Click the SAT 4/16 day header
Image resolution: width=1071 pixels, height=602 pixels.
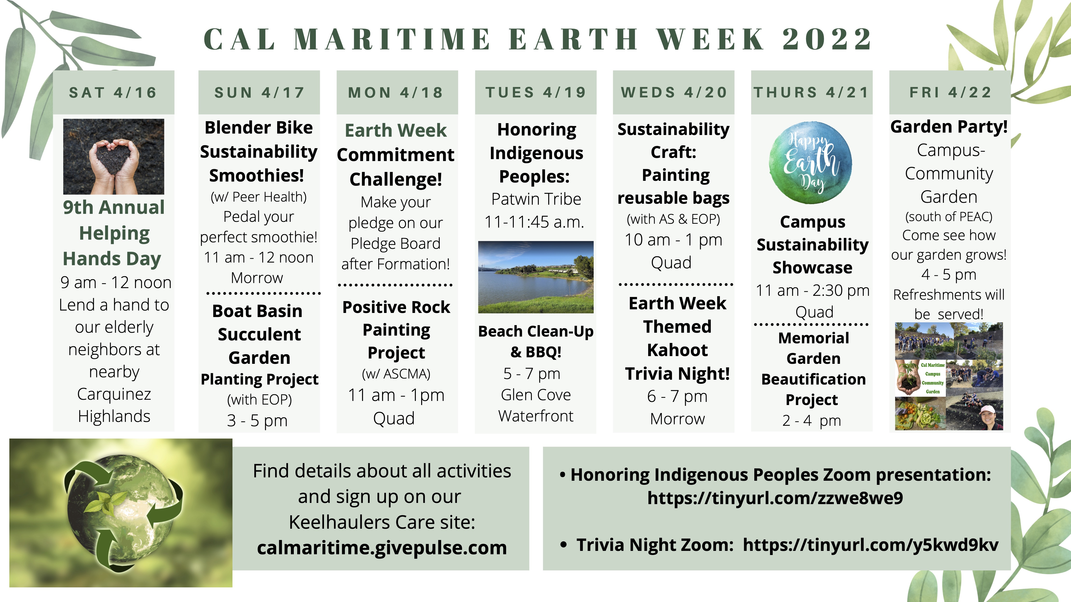tap(114, 92)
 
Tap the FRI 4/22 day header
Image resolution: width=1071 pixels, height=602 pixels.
tap(950, 92)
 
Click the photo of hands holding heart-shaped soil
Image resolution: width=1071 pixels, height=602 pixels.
tap(114, 157)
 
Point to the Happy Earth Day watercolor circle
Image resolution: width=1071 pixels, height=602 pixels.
tap(811, 162)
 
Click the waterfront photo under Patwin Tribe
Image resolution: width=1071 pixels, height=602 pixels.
tap(536, 277)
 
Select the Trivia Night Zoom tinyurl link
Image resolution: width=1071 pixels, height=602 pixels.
tap(871, 545)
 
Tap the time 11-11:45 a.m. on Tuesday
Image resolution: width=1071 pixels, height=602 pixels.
tap(535, 222)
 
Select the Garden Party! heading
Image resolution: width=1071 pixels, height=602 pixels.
tap(949, 127)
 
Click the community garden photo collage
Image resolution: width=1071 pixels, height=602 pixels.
tap(949, 376)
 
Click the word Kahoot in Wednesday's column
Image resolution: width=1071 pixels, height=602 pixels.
tap(677, 350)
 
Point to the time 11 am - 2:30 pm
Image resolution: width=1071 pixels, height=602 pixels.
tap(812, 291)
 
